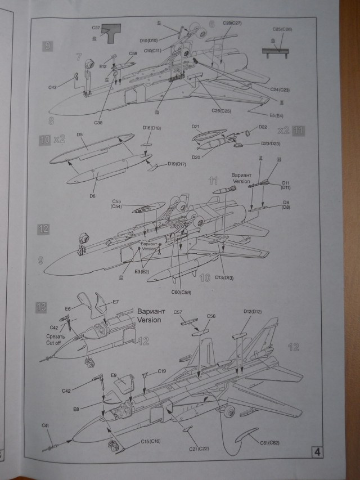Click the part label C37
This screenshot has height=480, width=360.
pos(95,28)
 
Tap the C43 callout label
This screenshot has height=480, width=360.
pos(52,87)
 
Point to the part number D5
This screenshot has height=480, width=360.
pos(80,135)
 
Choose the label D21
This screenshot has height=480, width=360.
pos(196,127)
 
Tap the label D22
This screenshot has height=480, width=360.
pos(263,127)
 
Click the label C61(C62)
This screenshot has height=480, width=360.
pos(269,443)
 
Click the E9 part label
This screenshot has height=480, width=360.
pos(113,375)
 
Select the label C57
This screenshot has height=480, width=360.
pos(177,311)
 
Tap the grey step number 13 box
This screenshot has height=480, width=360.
pos(41,307)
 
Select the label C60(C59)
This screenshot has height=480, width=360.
pos(180,292)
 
